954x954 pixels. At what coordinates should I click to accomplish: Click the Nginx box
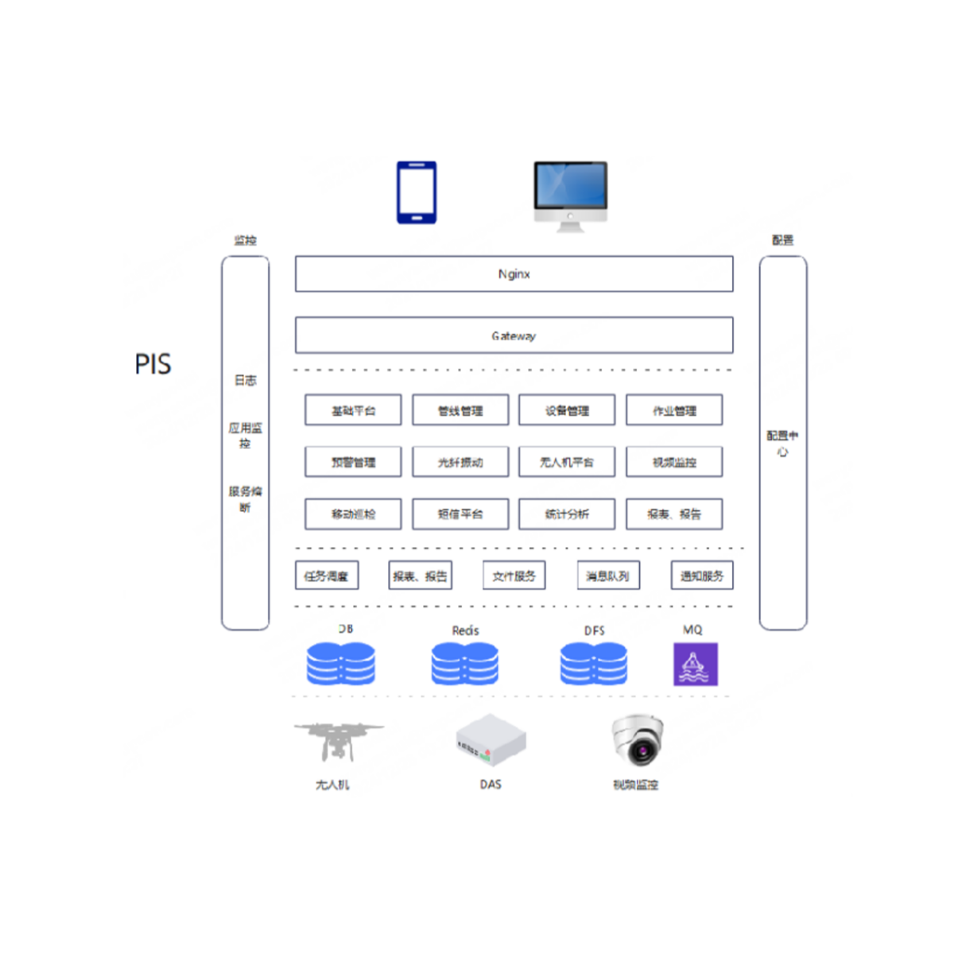pyautogui.click(x=514, y=274)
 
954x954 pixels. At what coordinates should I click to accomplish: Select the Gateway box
pyautogui.click(x=514, y=335)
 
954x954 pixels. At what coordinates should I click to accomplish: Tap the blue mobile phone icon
pyautogui.click(x=417, y=192)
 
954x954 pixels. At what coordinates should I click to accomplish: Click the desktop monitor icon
pyautogui.click(x=570, y=195)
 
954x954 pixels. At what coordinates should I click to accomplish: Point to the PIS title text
pyautogui.click(x=153, y=364)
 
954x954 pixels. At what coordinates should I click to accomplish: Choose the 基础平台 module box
pyautogui.click(x=353, y=410)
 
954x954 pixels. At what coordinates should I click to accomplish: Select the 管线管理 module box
pyautogui.click(x=460, y=410)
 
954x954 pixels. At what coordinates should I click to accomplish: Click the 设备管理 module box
pyautogui.click(x=567, y=410)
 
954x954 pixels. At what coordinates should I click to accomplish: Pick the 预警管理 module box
pyautogui.click(x=353, y=462)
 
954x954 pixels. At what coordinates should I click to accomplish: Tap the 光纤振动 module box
pyautogui.click(x=460, y=462)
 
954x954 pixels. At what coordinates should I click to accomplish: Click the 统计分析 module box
pyautogui.click(x=567, y=514)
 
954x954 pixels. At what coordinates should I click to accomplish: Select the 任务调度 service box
pyautogui.click(x=327, y=576)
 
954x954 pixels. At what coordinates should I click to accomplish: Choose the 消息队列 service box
pyautogui.click(x=608, y=576)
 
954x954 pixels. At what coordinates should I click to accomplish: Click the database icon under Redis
pyautogui.click(x=465, y=664)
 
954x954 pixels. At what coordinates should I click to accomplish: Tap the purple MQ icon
pyautogui.click(x=695, y=664)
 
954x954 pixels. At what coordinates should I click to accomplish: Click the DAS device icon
pyautogui.click(x=491, y=741)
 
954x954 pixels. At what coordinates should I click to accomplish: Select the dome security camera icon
pyautogui.click(x=637, y=739)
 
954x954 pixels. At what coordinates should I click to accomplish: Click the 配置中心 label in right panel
pyautogui.click(x=782, y=444)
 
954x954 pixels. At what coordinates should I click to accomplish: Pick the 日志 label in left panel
pyautogui.click(x=245, y=381)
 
